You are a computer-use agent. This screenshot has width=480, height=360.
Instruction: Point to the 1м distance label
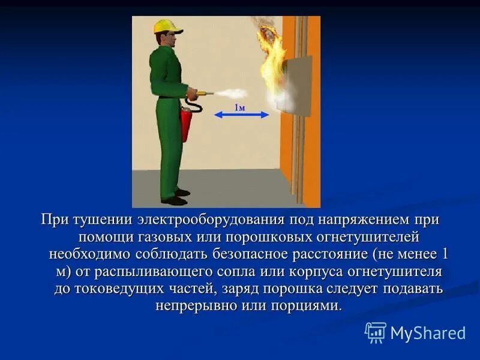[x=239, y=107]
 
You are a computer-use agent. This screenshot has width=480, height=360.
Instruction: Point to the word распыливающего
[x=151, y=271]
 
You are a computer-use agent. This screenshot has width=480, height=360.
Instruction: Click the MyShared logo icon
[x=376, y=332]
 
